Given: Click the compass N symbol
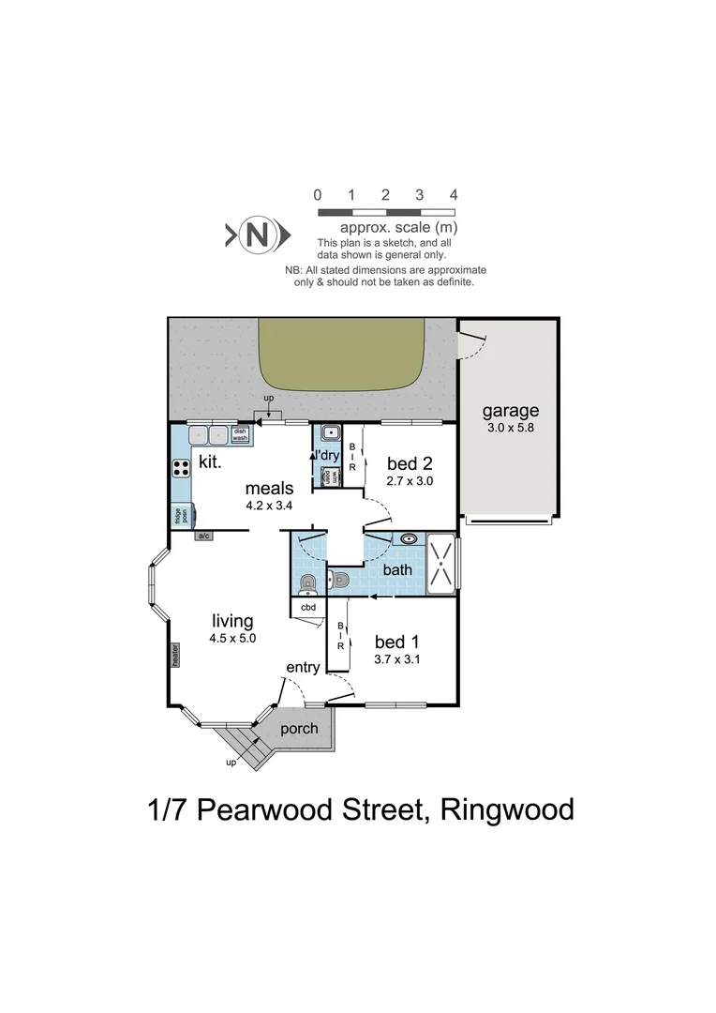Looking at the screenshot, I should (x=257, y=234).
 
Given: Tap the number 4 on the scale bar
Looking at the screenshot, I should (x=454, y=195).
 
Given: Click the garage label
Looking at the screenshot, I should (x=511, y=411).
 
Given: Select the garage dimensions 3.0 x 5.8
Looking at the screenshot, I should (x=511, y=428).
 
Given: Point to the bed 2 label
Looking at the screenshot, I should (x=410, y=462).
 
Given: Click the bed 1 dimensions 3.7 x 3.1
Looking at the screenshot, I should (x=397, y=659).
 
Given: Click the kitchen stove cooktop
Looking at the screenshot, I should (x=180, y=469).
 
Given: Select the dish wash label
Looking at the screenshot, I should (x=240, y=435).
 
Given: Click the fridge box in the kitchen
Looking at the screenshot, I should (x=179, y=515).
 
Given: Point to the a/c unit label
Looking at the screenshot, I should (x=203, y=536).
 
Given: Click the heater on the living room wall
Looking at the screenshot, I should (x=174, y=654).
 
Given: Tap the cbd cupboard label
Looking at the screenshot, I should (x=308, y=607).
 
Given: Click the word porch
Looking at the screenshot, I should (x=300, y=729).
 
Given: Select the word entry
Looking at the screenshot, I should (x=304, y=667).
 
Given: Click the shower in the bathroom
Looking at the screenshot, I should (x=440, y=562).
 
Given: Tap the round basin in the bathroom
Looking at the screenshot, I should (x=408, y=539).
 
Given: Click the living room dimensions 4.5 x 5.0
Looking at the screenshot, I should (x=232, y=638).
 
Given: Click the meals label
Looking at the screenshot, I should (x=270, y=488).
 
